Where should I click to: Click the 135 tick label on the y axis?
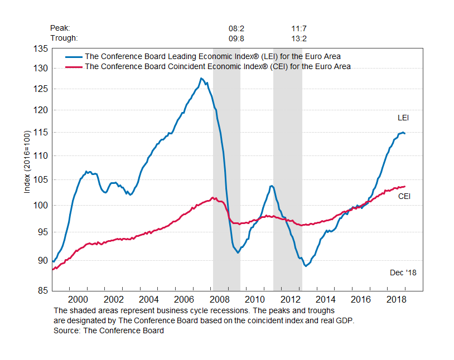tap(41, 48)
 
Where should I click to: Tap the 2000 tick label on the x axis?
tap(78, 300)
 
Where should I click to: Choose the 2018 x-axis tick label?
tap(395, 300)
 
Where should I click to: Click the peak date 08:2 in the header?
tap(236, 28)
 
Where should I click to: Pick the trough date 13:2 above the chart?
tap(299, 38)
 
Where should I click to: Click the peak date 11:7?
tap(299, 28)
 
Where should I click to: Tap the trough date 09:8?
tap(236, 38)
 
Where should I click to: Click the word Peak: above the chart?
tap(60, 28)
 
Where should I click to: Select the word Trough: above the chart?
tap(64, 38)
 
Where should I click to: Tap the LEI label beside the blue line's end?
tap(403, 118)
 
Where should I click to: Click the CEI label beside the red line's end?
tap(404, 196)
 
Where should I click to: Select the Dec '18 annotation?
tap(403, 273)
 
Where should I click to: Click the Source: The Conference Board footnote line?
tap(109, 330)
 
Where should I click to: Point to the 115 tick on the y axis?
tap(41, 132)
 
